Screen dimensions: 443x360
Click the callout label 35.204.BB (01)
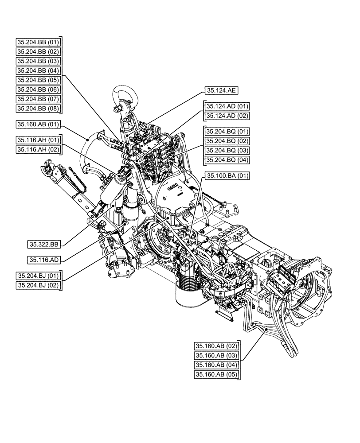[38, 42]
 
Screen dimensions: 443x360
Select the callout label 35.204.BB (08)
[38, 108]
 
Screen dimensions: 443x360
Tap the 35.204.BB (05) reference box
[38, 80]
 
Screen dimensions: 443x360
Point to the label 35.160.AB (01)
[38, 124]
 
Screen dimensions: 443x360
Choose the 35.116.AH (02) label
[38, 150]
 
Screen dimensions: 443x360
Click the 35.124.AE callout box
[222, 90]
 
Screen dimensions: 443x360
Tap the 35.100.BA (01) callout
[227, 176]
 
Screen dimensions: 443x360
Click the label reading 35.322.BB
[45, 244]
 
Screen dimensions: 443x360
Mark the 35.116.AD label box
[45, 260]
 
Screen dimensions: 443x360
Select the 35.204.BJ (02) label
[38, 285]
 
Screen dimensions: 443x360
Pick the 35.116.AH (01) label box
[38, 140]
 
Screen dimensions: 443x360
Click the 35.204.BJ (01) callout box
[38, 276]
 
